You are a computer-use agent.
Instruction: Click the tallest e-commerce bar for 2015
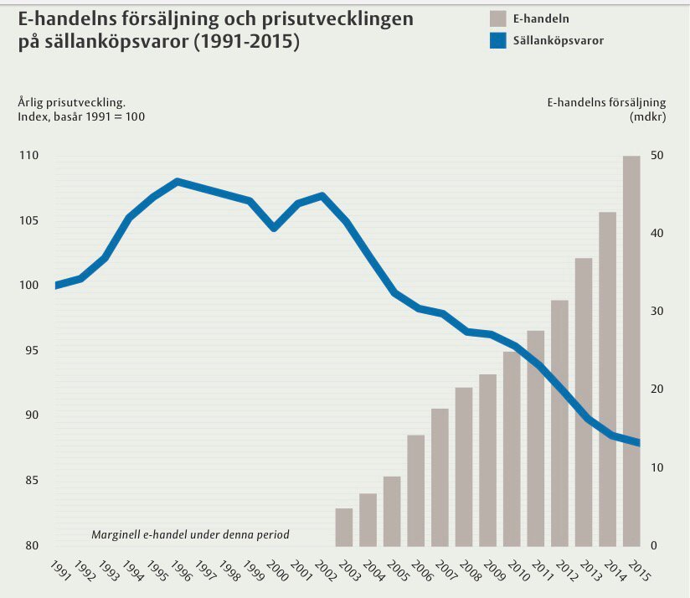pos(631,352)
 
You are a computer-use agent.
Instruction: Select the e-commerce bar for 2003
pos(344,527)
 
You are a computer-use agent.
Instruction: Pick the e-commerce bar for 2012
pos(559,423)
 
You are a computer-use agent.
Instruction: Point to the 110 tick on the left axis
pos(28,157)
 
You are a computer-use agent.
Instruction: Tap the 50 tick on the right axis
pos(656,157)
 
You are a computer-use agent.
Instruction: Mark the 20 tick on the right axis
pos(656,390)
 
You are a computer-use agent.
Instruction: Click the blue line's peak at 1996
pos(177,181)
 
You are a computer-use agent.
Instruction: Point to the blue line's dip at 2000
pos(274,227)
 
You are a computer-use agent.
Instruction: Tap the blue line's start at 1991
pos(57,286)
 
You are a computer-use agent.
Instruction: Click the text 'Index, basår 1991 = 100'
pos(81,116)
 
